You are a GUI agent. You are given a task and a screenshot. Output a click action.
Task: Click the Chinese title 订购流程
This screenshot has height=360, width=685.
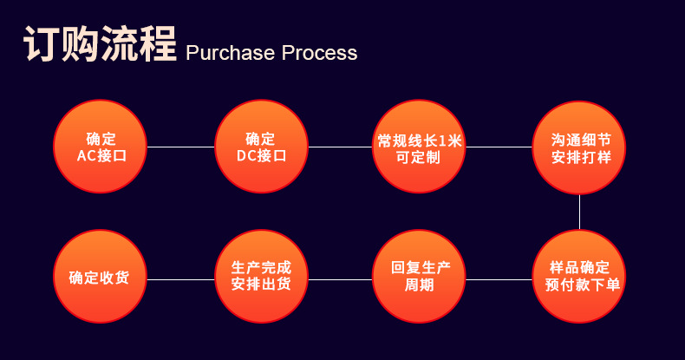click(100, 43)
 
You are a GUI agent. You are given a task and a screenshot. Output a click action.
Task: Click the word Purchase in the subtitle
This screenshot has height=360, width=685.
click(231, 53)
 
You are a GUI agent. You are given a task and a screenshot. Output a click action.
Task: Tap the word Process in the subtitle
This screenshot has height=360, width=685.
click(319, 53)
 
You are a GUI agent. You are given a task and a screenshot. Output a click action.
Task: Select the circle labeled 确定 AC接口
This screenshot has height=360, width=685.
click(100, 147)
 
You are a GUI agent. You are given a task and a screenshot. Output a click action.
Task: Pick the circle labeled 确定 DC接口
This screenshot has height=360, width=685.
click(261, 147)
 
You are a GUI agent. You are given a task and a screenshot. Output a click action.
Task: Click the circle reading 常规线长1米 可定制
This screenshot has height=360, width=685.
click(419, 147)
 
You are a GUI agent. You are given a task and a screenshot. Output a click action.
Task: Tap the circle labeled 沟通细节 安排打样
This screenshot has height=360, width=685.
click(579, 147)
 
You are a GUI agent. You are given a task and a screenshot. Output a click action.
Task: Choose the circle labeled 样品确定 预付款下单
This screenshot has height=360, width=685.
click(579, 277)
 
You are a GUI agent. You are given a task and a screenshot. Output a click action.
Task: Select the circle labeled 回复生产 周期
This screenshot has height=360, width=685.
click(419, 277)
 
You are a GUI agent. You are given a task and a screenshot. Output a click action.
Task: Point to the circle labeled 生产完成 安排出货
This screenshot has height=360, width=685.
click(261, 277)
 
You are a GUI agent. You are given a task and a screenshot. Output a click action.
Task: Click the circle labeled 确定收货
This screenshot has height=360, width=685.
click(100, 277)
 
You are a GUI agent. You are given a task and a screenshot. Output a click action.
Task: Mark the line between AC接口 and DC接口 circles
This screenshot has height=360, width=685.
click(181, 147)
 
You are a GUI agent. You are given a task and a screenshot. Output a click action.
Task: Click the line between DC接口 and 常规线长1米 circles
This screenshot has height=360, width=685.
click(340, 147)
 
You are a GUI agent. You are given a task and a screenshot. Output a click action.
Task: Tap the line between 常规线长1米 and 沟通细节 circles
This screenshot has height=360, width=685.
click(499, 147)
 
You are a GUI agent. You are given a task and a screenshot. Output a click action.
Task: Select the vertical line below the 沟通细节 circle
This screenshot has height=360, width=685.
click(580, 212)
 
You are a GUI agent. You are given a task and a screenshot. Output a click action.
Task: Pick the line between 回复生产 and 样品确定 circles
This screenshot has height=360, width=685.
click(499, 279)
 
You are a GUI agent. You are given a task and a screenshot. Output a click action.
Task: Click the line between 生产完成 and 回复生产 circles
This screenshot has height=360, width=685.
click(340, 279)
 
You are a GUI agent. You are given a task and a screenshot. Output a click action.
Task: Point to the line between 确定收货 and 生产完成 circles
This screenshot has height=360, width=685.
click(181, 279)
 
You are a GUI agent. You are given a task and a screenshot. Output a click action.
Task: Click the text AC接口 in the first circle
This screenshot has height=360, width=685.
click(101, 155)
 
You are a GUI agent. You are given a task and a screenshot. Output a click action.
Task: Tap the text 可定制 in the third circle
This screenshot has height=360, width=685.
click(418, 157)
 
